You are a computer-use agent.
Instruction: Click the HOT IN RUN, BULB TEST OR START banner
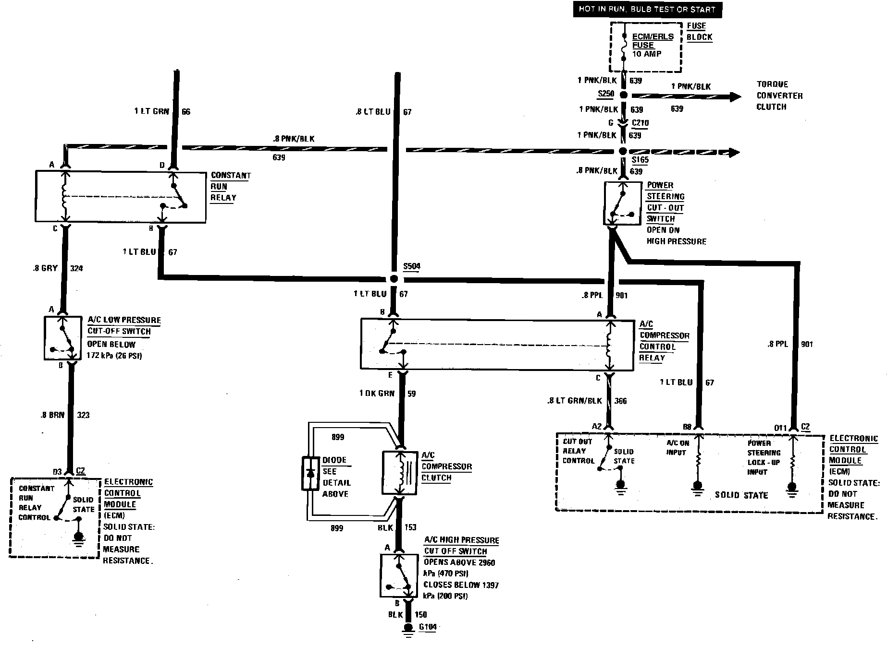click(647, 9)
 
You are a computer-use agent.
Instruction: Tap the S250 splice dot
click(623, 95)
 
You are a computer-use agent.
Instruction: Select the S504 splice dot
click(394, 279)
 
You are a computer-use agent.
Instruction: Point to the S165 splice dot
click(623, 152)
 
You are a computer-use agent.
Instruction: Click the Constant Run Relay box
click(121, 197)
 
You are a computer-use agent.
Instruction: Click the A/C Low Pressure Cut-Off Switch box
click(63, 338)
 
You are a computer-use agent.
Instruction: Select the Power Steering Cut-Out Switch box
click(622, 203)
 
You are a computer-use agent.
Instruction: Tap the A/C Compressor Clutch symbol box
click(400, 473)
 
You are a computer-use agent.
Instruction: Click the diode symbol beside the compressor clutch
click(310, 473)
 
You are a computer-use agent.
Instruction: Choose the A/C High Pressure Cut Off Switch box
click(398, 575)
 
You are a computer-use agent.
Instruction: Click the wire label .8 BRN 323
click(64, 415)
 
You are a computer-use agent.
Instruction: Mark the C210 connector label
click(640, 123)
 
